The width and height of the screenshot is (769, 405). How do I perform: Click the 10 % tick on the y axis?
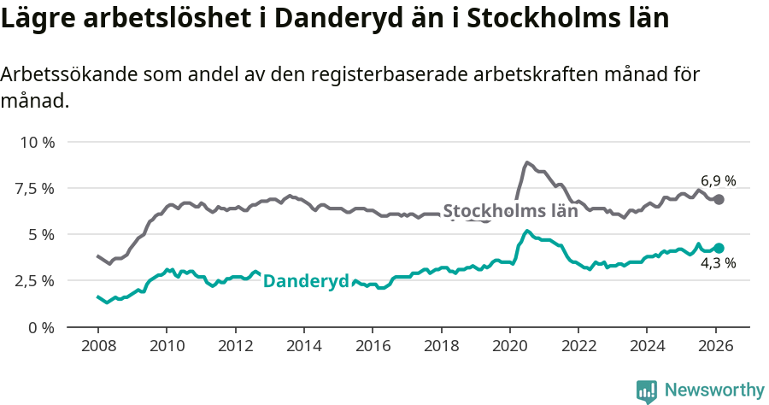click(36, 142)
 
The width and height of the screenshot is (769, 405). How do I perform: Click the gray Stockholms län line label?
click(510, 211)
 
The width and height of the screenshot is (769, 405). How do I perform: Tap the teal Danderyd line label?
click(306, 281)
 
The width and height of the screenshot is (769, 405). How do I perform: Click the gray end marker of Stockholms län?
click(719, 199)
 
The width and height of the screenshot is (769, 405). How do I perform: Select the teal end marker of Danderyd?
click(719, 248)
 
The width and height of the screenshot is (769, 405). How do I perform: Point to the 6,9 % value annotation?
click(718, 180)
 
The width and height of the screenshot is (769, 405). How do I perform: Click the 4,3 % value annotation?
click(718, 263)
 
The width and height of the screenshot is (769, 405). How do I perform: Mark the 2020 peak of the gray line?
click(527, 161)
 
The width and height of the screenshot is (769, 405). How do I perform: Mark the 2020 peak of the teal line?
click(527, 231)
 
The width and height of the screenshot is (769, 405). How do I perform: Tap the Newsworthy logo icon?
click(647, 391)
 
